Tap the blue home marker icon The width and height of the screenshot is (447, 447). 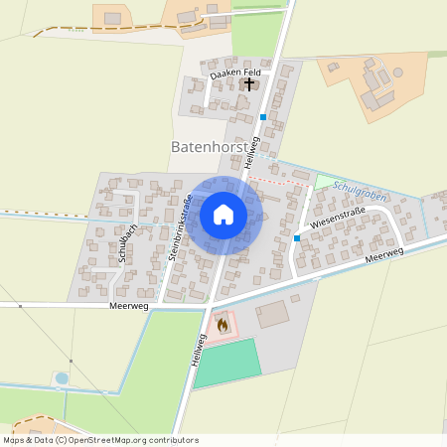[223, 215]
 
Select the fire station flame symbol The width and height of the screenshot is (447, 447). [222, 324]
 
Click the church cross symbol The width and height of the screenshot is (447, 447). [248, 83]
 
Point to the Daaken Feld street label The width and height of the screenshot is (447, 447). [234, 74]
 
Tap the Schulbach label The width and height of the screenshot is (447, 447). [126, 241]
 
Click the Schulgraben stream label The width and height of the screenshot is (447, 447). [360, 186]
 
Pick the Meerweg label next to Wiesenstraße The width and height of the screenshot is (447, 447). [385, 256]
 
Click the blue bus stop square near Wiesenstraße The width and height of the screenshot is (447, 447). [297, 238]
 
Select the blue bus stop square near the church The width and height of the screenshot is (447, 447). [262, 117]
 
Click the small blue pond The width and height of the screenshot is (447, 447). [63, 377]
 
